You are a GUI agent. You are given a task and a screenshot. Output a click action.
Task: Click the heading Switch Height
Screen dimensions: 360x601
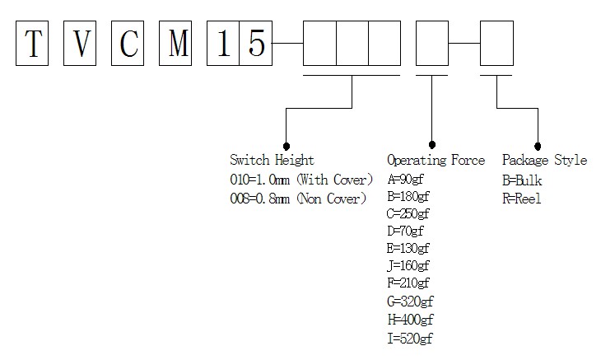(x=272, y=160)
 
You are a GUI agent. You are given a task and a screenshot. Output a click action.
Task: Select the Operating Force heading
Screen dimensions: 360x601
(x=436, y=160)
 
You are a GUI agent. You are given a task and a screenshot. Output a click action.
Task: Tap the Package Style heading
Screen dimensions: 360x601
(x=544, y=160)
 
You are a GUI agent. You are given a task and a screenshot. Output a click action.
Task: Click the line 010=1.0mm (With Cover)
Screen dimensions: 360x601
(x=301, y=179)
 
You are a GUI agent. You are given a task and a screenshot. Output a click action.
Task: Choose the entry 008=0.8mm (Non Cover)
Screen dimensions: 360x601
(x=298, y=199)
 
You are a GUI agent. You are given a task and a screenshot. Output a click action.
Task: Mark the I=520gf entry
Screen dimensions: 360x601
(x=409, y=338)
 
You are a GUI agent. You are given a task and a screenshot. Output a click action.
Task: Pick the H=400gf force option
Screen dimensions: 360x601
(x=410, y=320)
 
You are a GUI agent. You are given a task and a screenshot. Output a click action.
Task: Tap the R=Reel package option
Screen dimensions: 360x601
(x=522, y=199)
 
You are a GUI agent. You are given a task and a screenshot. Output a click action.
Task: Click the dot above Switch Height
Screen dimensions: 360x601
(x=286, y=144)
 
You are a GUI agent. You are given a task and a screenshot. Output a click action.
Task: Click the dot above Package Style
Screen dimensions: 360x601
(x=538, y=144)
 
